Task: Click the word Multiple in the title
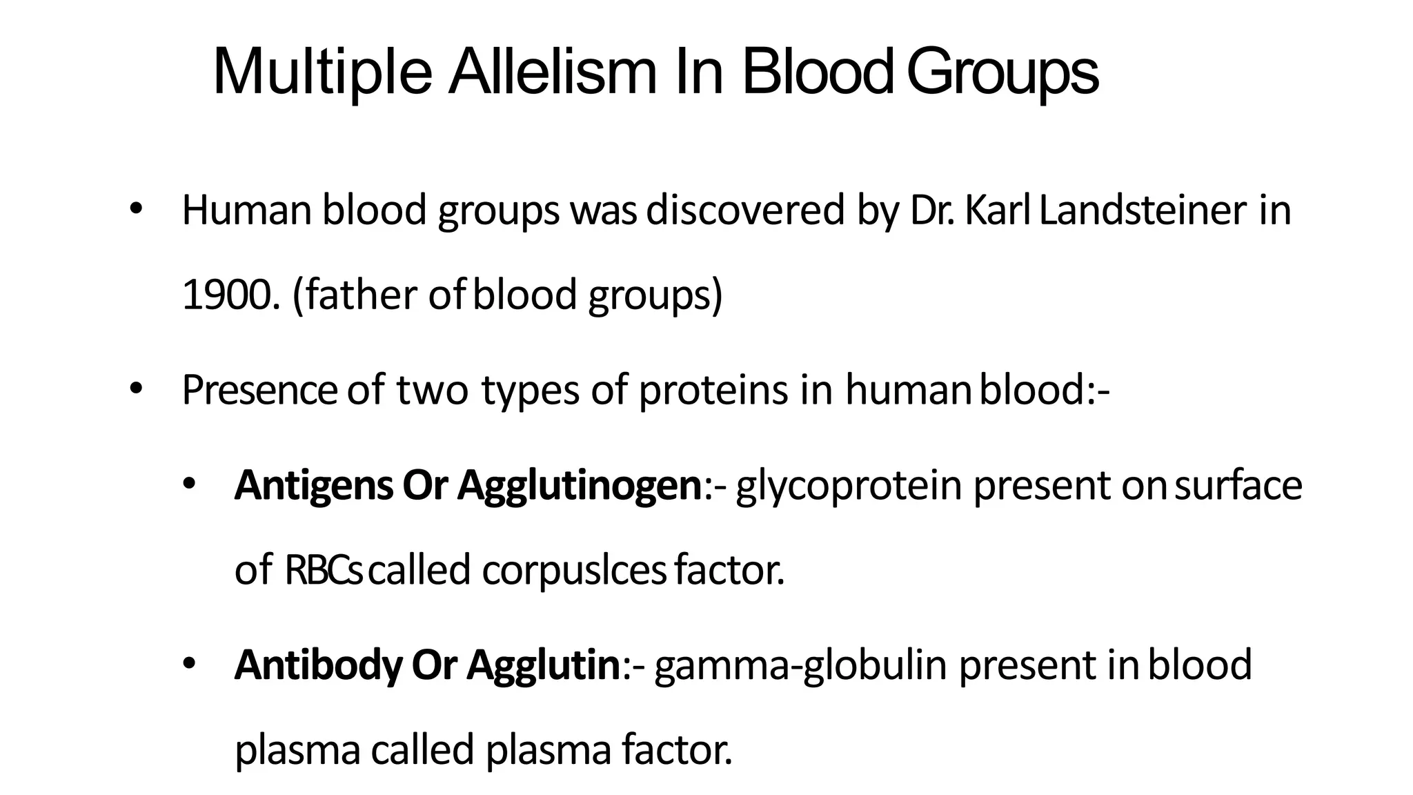(x=322, y=72)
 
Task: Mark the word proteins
(x=713, y=390)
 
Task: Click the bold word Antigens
(x=313, y=485)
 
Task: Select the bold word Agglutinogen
(x=580, y=487)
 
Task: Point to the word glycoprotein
(x=848, y=487)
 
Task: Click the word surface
(x=1238, y=485)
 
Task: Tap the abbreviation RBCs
(x=324, y=571)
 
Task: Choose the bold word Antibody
(x=318, y=665)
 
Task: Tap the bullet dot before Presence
(x=136, y=390)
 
